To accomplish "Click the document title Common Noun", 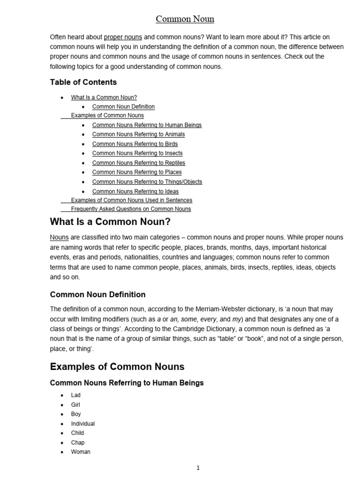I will (x=185, y=19).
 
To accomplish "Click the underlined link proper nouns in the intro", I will (x=123, y=37).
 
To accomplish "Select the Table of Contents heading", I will (x=83, y=82).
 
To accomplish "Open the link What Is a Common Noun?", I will (x=104, y=97).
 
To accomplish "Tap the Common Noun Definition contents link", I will (x=123, y=107).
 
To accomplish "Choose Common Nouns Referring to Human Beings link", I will (x=147, y=125).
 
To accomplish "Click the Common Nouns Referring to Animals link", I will (x=138, y=135).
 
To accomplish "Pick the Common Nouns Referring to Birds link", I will (x=135, y=144).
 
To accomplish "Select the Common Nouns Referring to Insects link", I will (x=137, y=153).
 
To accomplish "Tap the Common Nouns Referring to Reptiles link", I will (x=138, y=163).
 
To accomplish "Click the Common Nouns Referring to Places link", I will (x=137, y=172).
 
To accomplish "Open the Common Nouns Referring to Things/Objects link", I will (x=147, y=182).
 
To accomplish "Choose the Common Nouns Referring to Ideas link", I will (x=135, y=192).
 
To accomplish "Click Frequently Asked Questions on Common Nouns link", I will (x=131, y=209).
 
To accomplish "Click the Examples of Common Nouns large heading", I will (x=117, y=367).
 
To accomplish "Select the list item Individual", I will (x=82, y=424).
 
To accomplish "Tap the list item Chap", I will (x=78, y=442).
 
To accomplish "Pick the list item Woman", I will (x=81, y=452).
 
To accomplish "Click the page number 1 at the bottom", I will (x=198, y=468).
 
